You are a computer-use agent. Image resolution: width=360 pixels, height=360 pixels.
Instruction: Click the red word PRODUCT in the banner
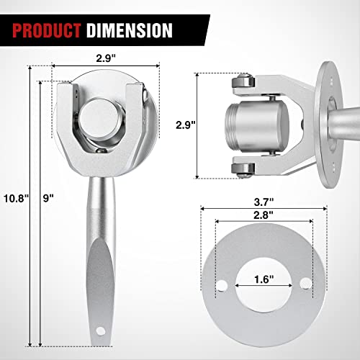point(46,30)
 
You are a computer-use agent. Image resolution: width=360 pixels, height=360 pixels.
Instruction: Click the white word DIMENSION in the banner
point(130,30)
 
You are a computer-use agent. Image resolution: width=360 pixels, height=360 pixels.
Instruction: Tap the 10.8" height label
point(16,199)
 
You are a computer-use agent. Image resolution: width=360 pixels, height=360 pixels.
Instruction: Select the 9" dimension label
point(48,198)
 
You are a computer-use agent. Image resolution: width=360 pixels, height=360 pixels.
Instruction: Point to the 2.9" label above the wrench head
point(106,58)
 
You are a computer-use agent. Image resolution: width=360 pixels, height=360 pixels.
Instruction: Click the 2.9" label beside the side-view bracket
point(186,125)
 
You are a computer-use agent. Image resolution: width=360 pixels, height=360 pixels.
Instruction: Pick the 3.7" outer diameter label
point(264,202)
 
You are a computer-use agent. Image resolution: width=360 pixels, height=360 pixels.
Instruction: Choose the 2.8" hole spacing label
point(264,215)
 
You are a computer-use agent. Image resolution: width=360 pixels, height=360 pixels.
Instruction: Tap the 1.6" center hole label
point(264,279)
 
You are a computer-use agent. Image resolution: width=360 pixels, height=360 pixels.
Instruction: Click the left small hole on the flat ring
point(222,285)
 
